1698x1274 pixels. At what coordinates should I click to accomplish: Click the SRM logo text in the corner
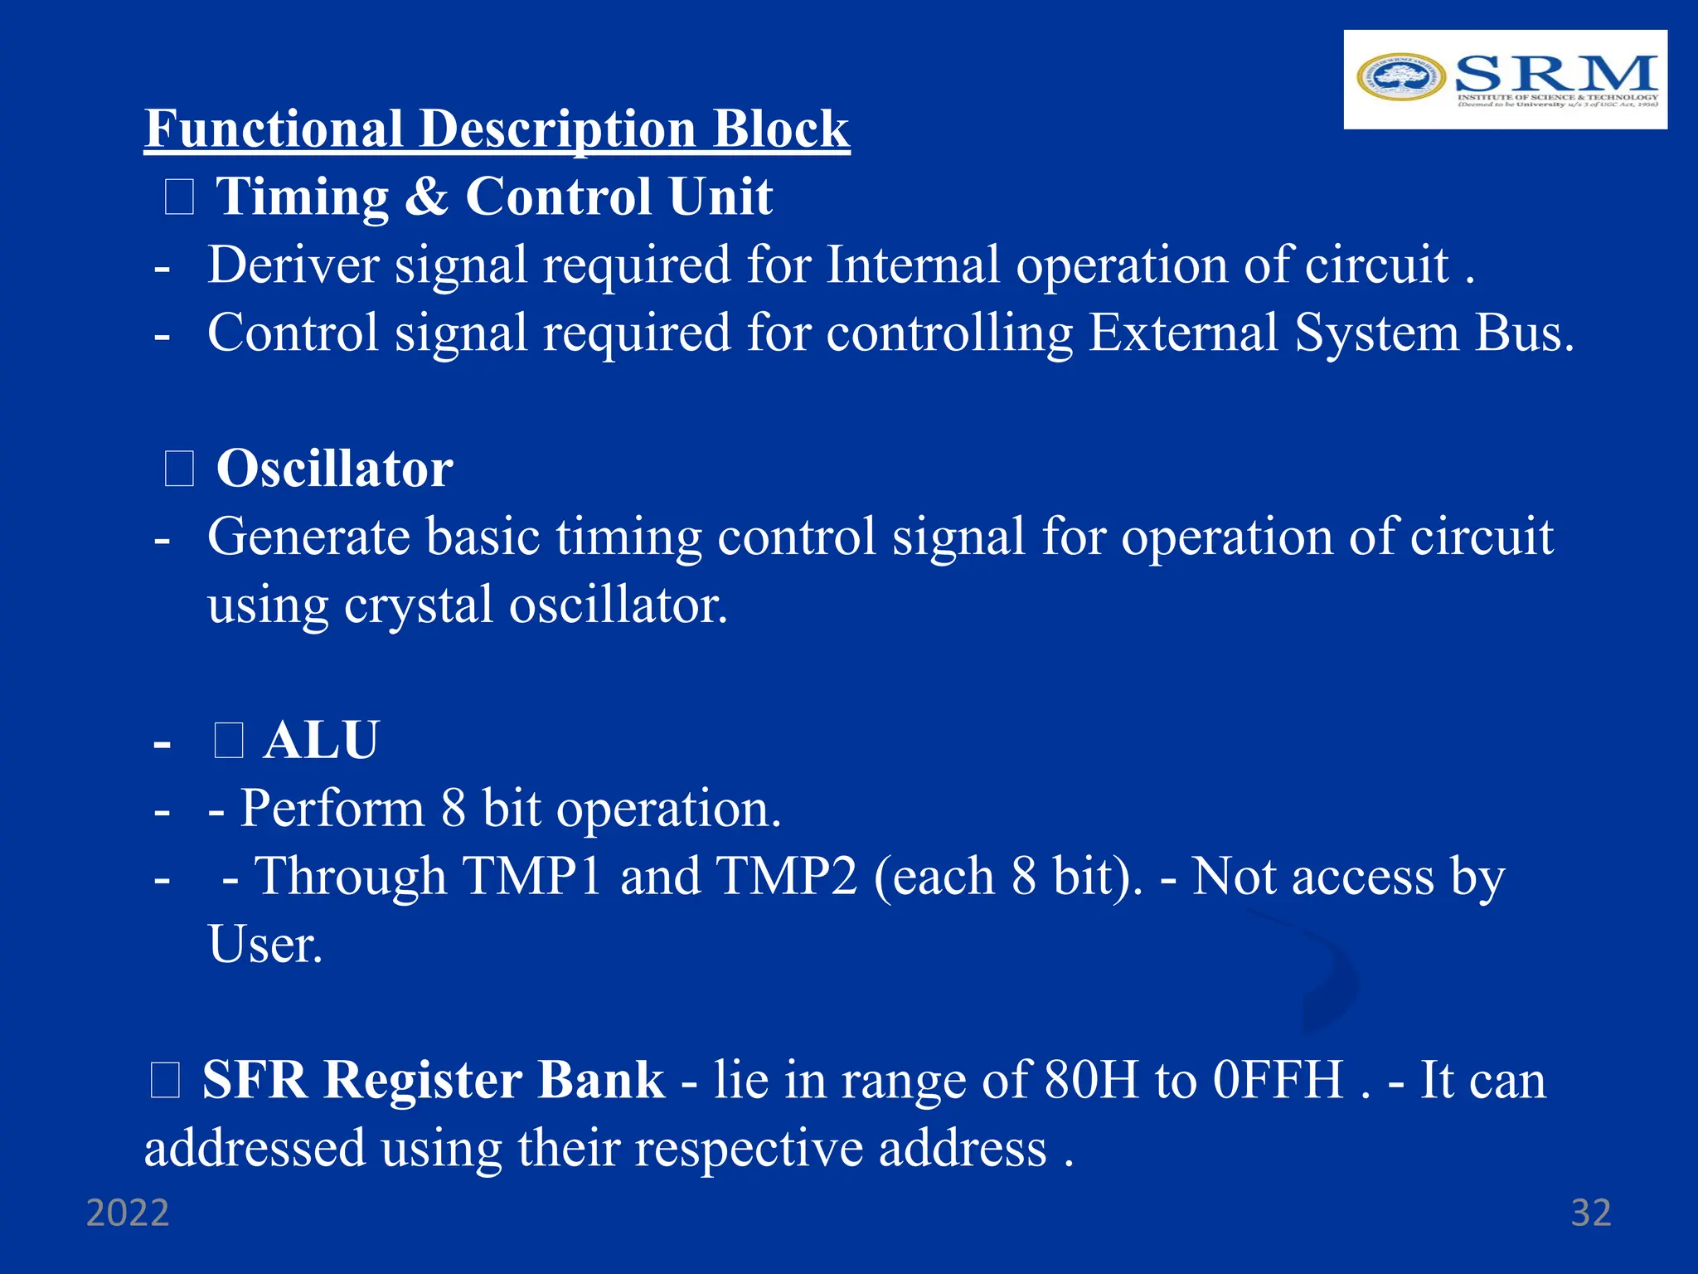[x=1555, y=75]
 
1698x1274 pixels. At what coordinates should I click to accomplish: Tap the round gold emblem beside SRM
[x=1400, y=77]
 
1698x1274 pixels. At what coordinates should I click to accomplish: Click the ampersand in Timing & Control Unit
[x=426, y=197]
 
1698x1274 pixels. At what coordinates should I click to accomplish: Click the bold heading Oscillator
[x=334, y=469]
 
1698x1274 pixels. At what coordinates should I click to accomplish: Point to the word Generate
[x=308, y=537]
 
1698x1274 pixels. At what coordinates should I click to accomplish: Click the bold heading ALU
[x=321, y=740]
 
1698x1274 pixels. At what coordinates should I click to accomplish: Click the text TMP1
[x=531, y=876]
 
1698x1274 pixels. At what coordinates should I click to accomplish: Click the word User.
[x=264, y=945]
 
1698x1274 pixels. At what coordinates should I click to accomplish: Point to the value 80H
[x=1091, y=1080]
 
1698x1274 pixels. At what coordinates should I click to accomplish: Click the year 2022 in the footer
[x=128, y=1213]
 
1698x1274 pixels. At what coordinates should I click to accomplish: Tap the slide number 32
[x=1590, y=1213]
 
